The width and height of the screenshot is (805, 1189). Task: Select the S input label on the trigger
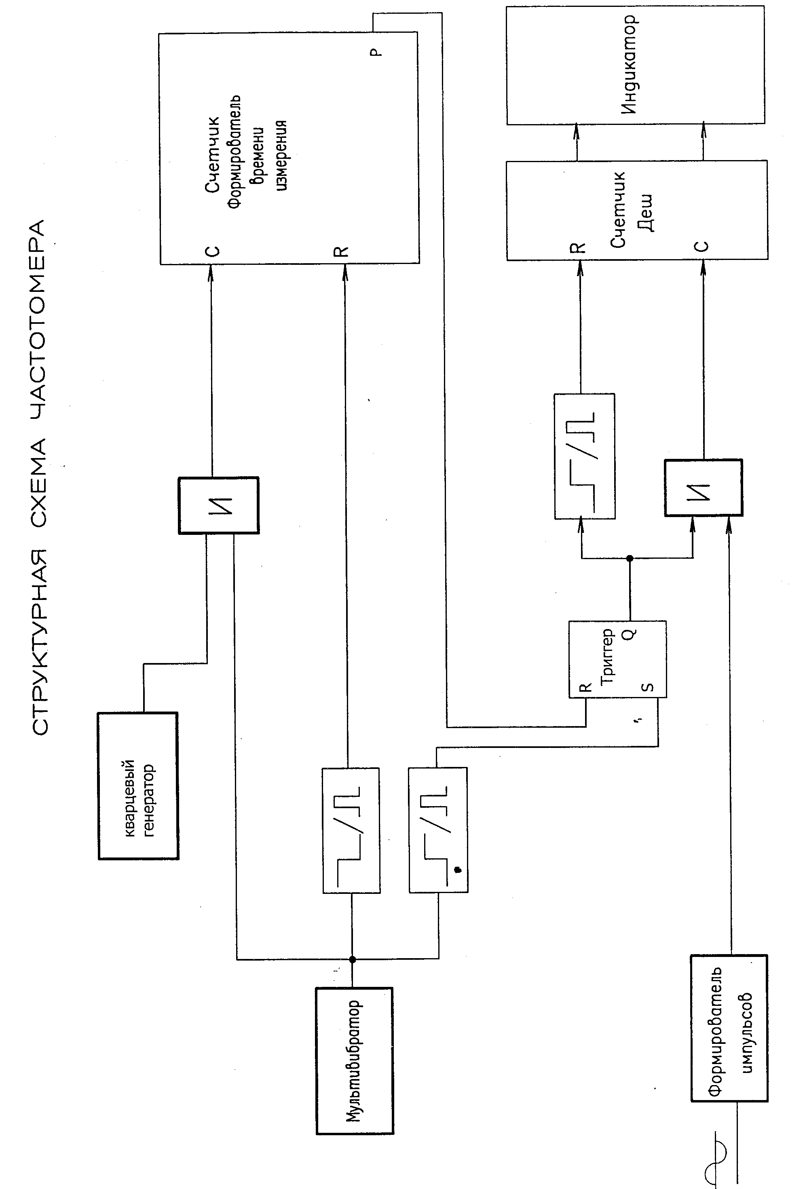pos(648,686)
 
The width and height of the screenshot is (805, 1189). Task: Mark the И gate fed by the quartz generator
pos(218,505)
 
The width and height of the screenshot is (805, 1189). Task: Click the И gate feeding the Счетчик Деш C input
pos(703,488)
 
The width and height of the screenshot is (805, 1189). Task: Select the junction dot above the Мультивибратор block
pos(352,960)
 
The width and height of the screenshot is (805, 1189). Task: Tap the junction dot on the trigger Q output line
pos(630,558)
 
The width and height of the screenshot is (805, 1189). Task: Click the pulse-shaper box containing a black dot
pos(438,830)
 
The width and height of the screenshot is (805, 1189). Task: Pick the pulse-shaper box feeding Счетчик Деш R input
pos(584,456)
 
